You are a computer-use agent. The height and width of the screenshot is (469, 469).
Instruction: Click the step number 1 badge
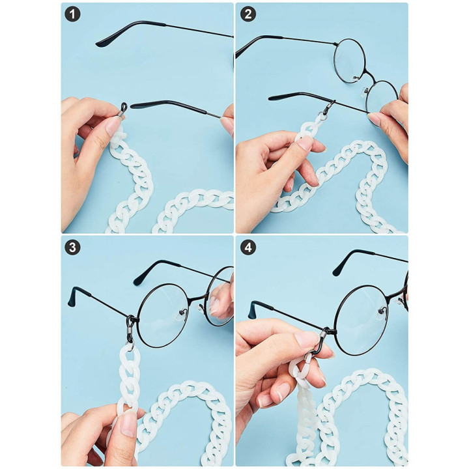tap(73, 14)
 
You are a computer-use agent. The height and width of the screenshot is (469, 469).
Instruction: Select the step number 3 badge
tap(73, 247)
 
